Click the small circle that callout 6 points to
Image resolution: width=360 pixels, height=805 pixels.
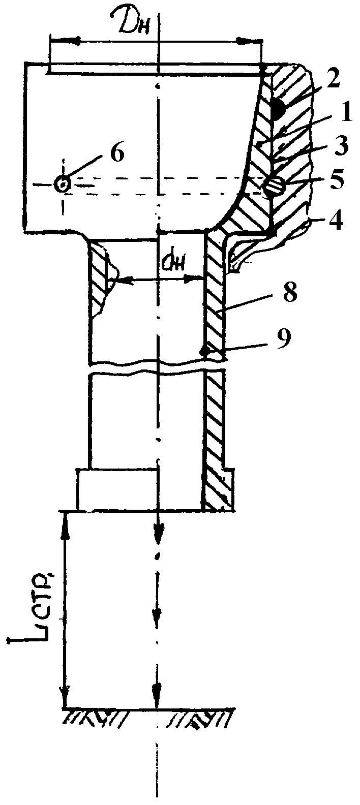[63, 184]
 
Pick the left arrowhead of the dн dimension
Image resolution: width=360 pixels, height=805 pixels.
[118, 279]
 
